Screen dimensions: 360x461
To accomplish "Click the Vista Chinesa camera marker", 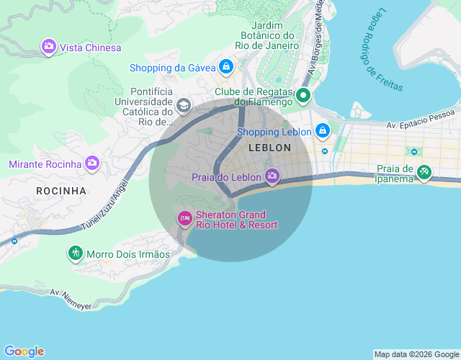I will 49,47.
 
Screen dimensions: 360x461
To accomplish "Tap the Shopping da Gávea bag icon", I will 226,67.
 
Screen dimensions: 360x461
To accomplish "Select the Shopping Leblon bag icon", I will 322,131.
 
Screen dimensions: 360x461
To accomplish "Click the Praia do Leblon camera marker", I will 272,176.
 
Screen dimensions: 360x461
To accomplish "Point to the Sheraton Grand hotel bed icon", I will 185,218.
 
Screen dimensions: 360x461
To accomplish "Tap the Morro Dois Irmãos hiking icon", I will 76,253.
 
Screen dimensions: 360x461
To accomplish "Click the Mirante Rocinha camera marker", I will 91,163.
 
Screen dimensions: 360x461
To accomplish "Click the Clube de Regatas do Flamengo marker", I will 303,95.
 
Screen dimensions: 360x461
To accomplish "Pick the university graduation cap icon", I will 183,107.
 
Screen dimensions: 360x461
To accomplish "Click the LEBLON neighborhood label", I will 269,148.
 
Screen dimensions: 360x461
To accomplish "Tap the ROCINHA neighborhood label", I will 61,191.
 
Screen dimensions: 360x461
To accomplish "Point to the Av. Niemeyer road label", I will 71,300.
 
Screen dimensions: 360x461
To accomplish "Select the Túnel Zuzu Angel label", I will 107,205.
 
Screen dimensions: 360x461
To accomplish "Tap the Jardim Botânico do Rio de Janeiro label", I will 270,35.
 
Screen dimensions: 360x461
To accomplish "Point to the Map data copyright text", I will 416,354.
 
